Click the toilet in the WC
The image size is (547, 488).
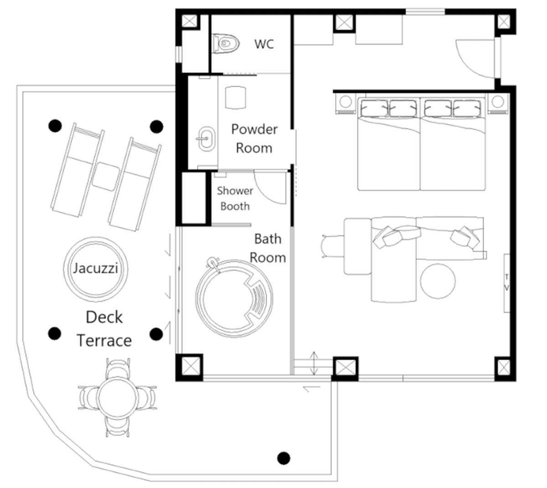click(226, 43)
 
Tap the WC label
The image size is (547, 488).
click(264, 44)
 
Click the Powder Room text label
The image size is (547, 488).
click(254, 139)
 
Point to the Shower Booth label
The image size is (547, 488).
click(235, 198)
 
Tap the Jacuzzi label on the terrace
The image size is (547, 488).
click(96, 268)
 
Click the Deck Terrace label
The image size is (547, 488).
click(104, 329)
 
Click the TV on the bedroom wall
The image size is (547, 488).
click(506, 283)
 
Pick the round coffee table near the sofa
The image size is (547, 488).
click(438, 281)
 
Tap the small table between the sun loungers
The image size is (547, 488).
click(106, 177)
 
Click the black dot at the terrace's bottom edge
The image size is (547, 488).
click(284, 457)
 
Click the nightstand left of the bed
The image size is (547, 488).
click(345, 102)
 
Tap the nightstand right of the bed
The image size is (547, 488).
click(498, 102)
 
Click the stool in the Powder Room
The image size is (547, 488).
click(236, 97)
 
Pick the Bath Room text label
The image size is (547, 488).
click(268, 248)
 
